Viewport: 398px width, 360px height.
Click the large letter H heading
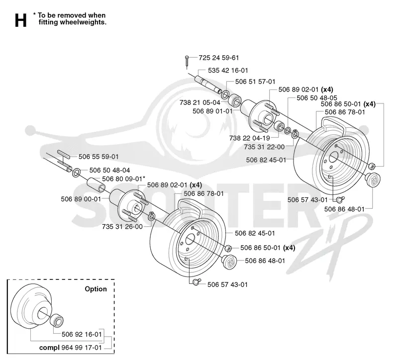[20, 20]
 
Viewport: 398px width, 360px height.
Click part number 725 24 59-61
[219, 58]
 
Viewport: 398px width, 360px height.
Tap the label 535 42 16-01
[228, 71]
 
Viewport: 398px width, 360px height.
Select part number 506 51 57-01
[255, 82]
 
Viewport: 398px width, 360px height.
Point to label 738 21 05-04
[200, 102]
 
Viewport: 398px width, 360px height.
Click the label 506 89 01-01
[212, 111]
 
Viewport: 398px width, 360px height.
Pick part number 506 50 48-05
[317, 98]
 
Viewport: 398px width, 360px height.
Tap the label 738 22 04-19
[250, 138]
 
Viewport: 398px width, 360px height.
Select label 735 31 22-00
[264, 147]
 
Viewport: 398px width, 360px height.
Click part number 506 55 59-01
[99, 157]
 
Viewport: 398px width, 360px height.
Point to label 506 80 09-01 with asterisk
[123, 179]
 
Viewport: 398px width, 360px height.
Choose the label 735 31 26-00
[122, 227]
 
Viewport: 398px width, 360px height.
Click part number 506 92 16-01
[82, 334]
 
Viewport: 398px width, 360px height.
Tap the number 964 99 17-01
[82, 348]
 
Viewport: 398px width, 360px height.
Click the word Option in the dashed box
[96, 289]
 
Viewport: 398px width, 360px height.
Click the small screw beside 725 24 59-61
[187, 62]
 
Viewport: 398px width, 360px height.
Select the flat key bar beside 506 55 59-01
[64, 154]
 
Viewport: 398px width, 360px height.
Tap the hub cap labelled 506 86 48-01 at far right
[373, 180]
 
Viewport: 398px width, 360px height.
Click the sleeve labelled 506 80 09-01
[96, 185]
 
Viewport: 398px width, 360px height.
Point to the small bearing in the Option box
[57, 321]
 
